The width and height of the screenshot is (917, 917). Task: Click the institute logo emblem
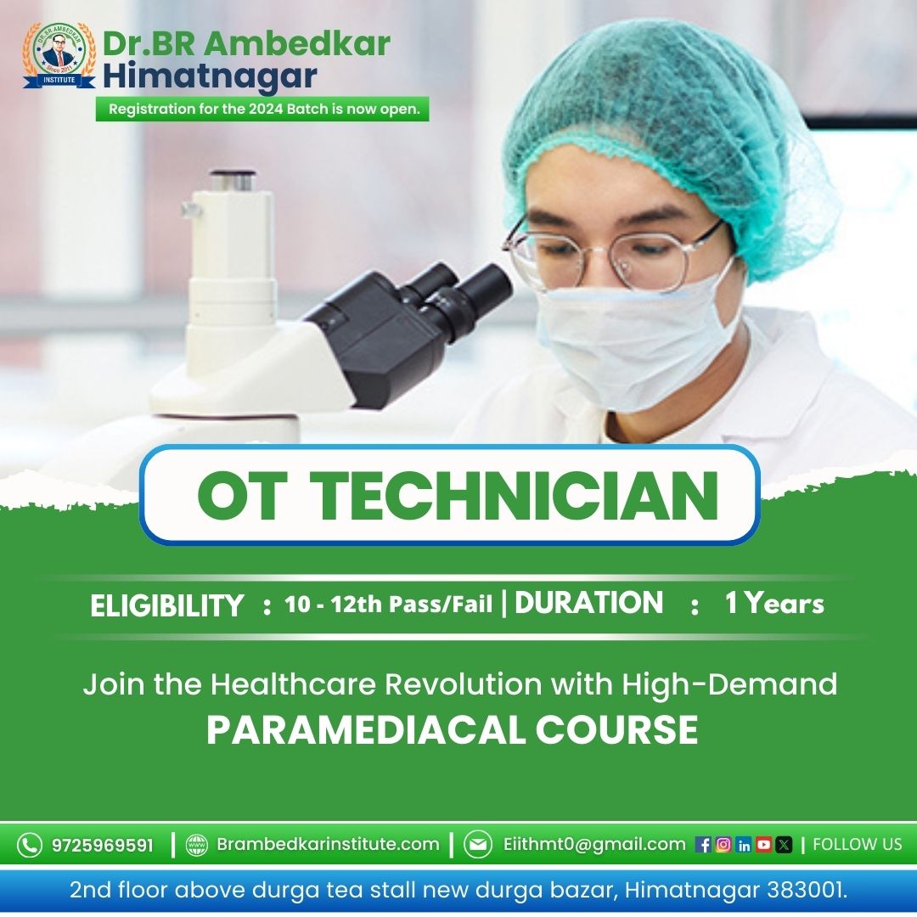59,55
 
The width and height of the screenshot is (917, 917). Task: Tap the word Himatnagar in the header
210,76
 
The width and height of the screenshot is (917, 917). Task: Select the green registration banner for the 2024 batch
262,110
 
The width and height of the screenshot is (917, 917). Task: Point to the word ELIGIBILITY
166,605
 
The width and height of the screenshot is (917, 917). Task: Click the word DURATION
589,603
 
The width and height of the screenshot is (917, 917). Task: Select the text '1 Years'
774,603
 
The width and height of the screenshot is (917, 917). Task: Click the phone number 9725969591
103,845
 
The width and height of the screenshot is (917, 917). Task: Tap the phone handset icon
29,845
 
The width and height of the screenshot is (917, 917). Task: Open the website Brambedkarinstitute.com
328,844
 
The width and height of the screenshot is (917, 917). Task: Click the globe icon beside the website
196,845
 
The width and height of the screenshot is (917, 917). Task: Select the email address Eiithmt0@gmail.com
594,844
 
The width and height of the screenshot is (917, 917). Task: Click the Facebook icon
703,845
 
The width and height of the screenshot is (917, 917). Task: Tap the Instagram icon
723,845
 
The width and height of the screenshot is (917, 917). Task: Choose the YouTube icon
763,845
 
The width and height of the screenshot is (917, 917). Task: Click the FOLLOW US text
857,845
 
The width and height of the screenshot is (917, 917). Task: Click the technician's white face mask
634,344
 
